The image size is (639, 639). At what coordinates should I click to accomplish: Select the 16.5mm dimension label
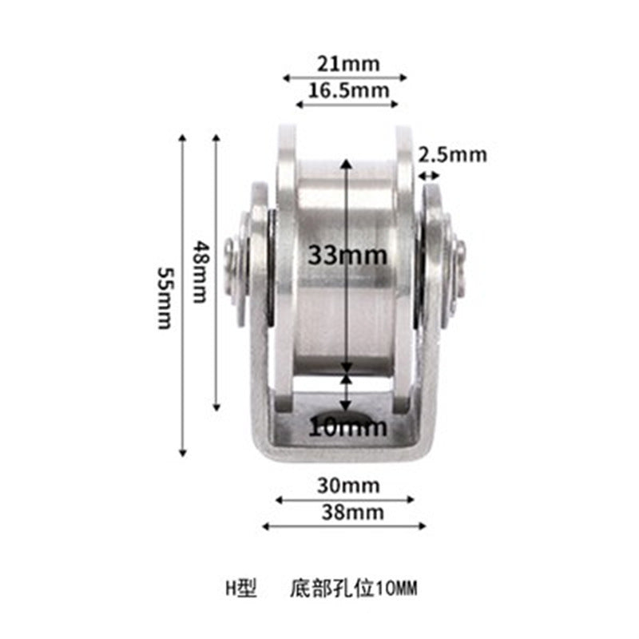click(346, 90)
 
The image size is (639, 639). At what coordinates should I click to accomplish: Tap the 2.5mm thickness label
click(452, 155)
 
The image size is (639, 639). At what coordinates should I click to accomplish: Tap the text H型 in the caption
click(240, 589)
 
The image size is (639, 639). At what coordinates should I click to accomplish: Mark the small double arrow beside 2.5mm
click(430, 175)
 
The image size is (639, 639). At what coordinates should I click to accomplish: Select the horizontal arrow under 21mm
click(345, 77)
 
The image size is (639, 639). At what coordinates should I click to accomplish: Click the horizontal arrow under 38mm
click(344, 526)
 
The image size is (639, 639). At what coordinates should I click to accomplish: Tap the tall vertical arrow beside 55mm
click(183, 296)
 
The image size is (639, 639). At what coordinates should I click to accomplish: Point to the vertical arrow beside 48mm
click(216, 272)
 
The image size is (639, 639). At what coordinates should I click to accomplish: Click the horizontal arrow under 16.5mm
click(346, 104)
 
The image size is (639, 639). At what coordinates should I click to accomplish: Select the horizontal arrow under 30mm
click(345, 499)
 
